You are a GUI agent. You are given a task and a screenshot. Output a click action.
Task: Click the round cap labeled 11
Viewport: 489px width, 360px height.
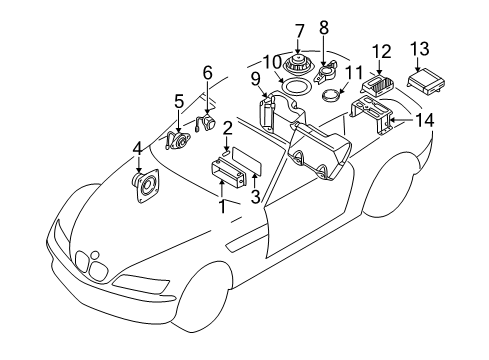[x=331, y=97]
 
